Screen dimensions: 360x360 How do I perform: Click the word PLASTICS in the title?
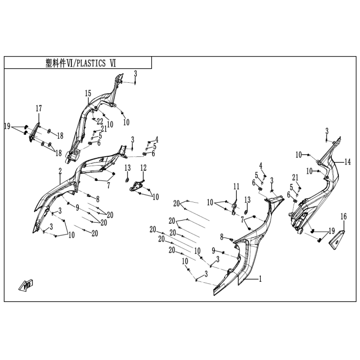91,63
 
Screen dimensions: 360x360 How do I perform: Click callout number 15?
88,94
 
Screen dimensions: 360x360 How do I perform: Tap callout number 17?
39,109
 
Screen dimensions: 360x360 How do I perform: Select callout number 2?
60,171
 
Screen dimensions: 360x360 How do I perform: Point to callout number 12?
143,168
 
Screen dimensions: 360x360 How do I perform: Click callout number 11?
236,186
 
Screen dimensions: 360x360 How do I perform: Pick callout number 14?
348,162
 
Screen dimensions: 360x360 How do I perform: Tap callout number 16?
344,217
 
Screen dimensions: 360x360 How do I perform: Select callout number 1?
260,279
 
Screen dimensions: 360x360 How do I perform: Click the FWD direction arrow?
26,285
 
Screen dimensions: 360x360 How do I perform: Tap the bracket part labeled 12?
138,186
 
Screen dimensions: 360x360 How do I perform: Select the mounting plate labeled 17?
34,133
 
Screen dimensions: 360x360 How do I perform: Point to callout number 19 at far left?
7,126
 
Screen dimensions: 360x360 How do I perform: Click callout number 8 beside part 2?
98,199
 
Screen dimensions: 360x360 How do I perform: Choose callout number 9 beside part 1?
213,251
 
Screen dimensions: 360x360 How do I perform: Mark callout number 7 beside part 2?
109,185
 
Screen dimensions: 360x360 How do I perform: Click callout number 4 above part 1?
261,165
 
